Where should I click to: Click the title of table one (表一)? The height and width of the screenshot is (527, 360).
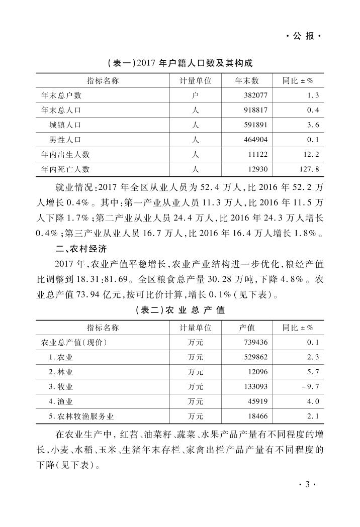tap(179, 64)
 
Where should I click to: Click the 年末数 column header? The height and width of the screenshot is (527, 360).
tap(247, 80)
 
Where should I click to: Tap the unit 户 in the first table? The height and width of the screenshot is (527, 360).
tap(196, 95)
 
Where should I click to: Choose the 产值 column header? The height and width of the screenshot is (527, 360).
tap(247, 328)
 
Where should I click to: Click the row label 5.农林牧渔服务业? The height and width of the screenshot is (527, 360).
tap(81, 416)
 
